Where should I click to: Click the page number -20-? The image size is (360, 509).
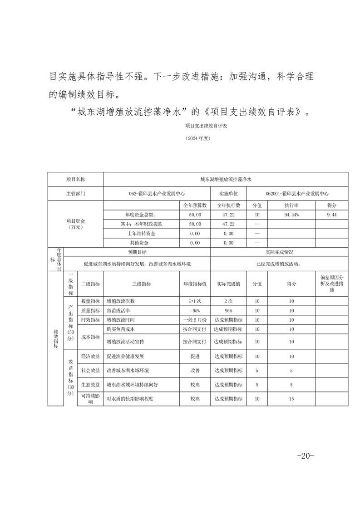click(x=305, y=455)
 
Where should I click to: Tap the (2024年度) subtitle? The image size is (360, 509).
click(x=198, y=138)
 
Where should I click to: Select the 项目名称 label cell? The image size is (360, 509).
click(x=75, y=179)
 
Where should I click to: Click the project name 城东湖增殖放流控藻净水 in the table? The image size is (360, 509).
click(x=226, y=179)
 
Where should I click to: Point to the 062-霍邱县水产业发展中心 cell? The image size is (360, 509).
click(x=157, y=193)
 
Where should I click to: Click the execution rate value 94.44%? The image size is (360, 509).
click(x=291, y=214)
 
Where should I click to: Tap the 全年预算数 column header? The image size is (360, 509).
click(x=195, y=205)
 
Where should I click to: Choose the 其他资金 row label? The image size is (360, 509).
click(x=141, y=243)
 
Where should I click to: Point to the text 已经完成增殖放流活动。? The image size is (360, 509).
click(x=279, y=264)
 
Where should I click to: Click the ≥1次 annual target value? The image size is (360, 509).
click(x=195, y=301)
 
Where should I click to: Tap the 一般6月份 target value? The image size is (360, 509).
click(x=195, y=320)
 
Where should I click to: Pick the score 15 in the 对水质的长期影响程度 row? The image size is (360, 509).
click(x=291, y=399)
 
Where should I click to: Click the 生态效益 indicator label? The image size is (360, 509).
click(x=90, y=385)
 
